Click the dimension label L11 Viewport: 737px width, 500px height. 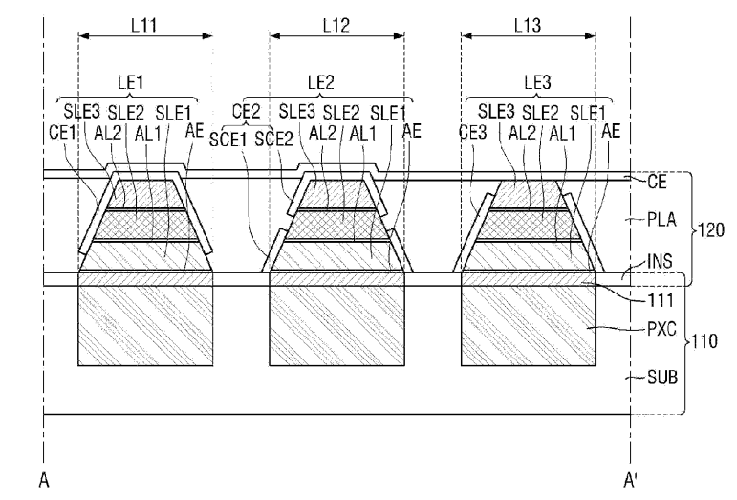point(143,25)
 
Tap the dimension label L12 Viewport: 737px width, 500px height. point(336,25)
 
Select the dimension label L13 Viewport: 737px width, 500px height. point(528,25)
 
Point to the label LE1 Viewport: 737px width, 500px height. point(130,82)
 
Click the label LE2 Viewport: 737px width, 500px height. point(320,82)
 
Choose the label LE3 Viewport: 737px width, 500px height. point(537,82)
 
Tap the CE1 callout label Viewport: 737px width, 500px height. point(62,132)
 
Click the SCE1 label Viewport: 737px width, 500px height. point(228,139)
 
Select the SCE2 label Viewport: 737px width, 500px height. point(274,139)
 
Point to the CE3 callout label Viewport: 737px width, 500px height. point(473,132)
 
